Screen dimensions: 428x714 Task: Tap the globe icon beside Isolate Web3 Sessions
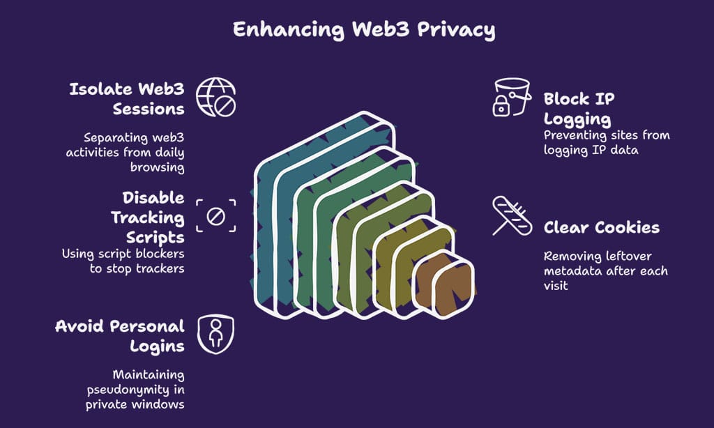215,98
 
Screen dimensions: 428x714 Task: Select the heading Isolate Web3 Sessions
126,99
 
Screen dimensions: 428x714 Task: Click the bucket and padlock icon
507,97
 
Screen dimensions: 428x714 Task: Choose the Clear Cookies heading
601,228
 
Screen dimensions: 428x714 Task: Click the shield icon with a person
215,334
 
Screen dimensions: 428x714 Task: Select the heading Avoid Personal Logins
119,336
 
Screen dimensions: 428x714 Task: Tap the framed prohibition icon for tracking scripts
215,216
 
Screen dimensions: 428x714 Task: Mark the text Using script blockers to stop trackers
123,261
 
